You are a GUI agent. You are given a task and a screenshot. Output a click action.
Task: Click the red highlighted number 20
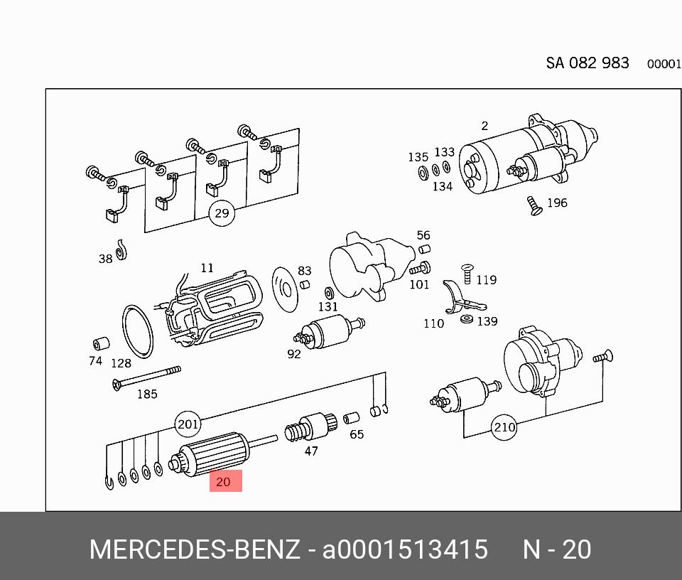(x=224, y=481)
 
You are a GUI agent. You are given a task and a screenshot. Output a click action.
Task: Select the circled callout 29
(x=222, y=213)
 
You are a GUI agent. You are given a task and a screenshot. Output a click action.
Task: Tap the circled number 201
(x=188, y=425)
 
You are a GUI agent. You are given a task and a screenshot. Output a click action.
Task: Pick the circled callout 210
(x=504, y=428)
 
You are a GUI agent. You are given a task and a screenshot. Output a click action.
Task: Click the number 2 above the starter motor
(x=485, y=126)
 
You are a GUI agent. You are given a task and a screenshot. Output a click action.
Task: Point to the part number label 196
(x=557, y=203)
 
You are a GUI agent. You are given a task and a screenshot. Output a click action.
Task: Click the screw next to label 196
(x=534, y=206)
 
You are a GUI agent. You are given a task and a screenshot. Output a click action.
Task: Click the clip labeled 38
(x=121, y=249)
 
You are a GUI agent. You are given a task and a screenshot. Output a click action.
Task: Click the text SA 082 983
(x=587, y=63)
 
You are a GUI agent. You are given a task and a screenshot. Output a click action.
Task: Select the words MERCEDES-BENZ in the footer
(x=194, y=550)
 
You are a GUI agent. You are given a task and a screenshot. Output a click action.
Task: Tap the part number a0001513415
(x=405, y=550)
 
